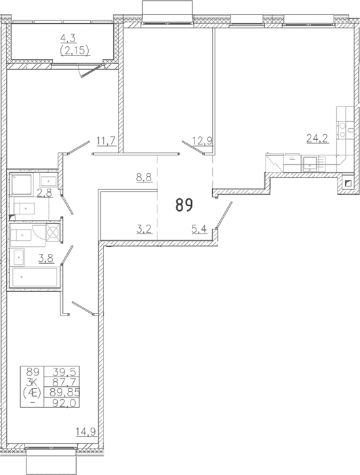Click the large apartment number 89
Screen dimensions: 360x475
pyautogui.click(x=184, y=205)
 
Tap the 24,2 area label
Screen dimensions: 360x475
pyautogui.click(x=317, y=138)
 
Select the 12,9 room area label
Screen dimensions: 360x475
pyautogui.click(x=202, y=140)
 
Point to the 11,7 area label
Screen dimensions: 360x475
pyautogui.click(x=106, y=140)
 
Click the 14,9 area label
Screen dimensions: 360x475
pyautogui.click(x=85, y=432)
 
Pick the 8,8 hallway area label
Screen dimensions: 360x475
pyautogui.click(x=144, y=177)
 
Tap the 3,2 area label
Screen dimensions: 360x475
pyautogui.click(x=144, y=229)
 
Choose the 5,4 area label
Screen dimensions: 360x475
pyautogui.click(x=199, y=229)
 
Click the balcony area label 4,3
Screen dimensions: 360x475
pyautogui.click(x=68, y=39)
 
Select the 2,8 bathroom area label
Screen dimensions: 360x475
pyautogui.click(x=45, y=193)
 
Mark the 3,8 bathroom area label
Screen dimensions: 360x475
pyautogui.click(x=45, y=258)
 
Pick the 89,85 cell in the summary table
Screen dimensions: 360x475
pyautogui.click(x=62, y=392)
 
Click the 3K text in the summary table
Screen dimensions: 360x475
pyautogui.click(x=33, y=381)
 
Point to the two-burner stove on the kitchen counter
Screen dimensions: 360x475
pyautogui.click(x=342, y=130)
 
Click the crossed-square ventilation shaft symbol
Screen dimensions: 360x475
pyautogui.click(x=54, y=233)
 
